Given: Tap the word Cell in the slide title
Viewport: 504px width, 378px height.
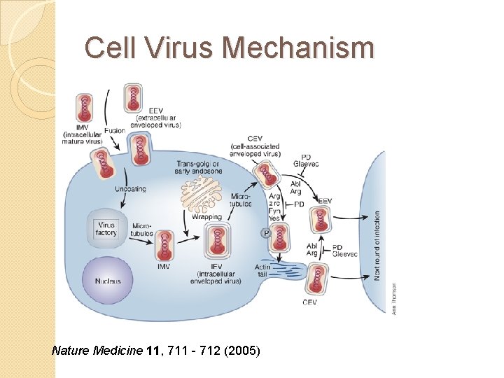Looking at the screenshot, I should (x=106, y=48).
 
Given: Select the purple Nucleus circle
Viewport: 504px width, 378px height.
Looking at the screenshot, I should (x=107, y=280).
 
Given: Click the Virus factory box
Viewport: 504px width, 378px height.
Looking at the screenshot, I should (x=106, y=229).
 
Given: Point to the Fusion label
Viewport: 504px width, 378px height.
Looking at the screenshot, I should (x=114, y=130).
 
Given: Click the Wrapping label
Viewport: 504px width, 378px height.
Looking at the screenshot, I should (x=206, y=217).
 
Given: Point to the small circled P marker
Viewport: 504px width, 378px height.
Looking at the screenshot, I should (x=265, y=233).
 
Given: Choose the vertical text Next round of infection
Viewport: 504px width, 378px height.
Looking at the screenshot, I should (x=378, y=245).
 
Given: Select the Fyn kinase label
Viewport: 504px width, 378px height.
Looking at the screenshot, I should (x=275, y=211).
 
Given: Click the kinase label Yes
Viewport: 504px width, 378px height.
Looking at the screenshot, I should (x=275, y=218).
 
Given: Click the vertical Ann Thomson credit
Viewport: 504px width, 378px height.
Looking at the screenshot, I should (x=393, y=299).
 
